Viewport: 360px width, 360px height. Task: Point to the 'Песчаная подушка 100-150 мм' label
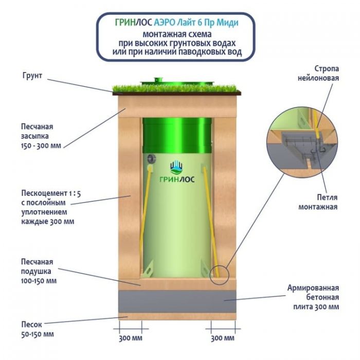pos(38,271)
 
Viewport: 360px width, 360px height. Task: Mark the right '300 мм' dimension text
pos(222,337)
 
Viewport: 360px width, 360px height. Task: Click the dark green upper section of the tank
pos(177,132)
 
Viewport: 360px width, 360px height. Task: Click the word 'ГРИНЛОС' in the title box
pos(132,23)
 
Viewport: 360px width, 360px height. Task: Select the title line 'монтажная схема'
pos(176,33)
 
